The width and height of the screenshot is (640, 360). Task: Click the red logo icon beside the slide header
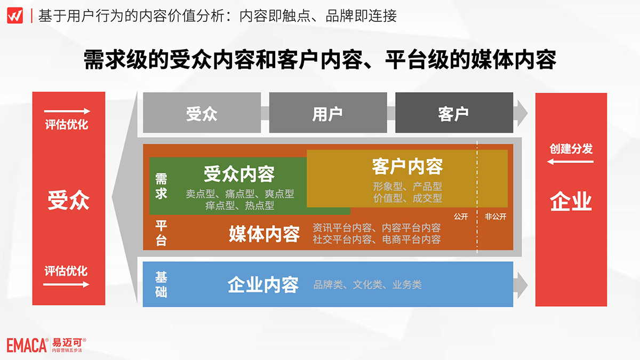15,15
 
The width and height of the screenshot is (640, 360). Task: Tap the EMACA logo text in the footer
27,345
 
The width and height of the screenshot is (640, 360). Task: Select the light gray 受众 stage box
202,113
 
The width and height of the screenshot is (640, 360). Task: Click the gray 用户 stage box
328,113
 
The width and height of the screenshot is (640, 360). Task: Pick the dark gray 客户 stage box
454,113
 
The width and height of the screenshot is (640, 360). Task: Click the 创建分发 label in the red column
571,149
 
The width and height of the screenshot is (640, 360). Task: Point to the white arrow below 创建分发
570,162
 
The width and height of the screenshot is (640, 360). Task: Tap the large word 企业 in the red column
571,201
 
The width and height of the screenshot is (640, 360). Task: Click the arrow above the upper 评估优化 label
67,111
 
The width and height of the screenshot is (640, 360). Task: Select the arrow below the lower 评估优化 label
66,284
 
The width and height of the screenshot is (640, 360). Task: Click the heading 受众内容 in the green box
239,174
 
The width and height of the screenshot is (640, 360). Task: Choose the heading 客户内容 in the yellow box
407,166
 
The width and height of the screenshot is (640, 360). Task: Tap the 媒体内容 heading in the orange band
265,234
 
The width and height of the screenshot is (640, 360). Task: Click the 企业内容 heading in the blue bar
263,285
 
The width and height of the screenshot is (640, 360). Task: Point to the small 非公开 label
495,217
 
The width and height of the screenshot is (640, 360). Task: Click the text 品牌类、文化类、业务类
367,285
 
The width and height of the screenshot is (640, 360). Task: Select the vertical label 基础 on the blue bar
161,285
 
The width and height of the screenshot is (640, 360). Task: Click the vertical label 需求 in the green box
161,186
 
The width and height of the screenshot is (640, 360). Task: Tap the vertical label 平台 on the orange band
161,233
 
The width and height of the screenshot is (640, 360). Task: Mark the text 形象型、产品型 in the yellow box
407,187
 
